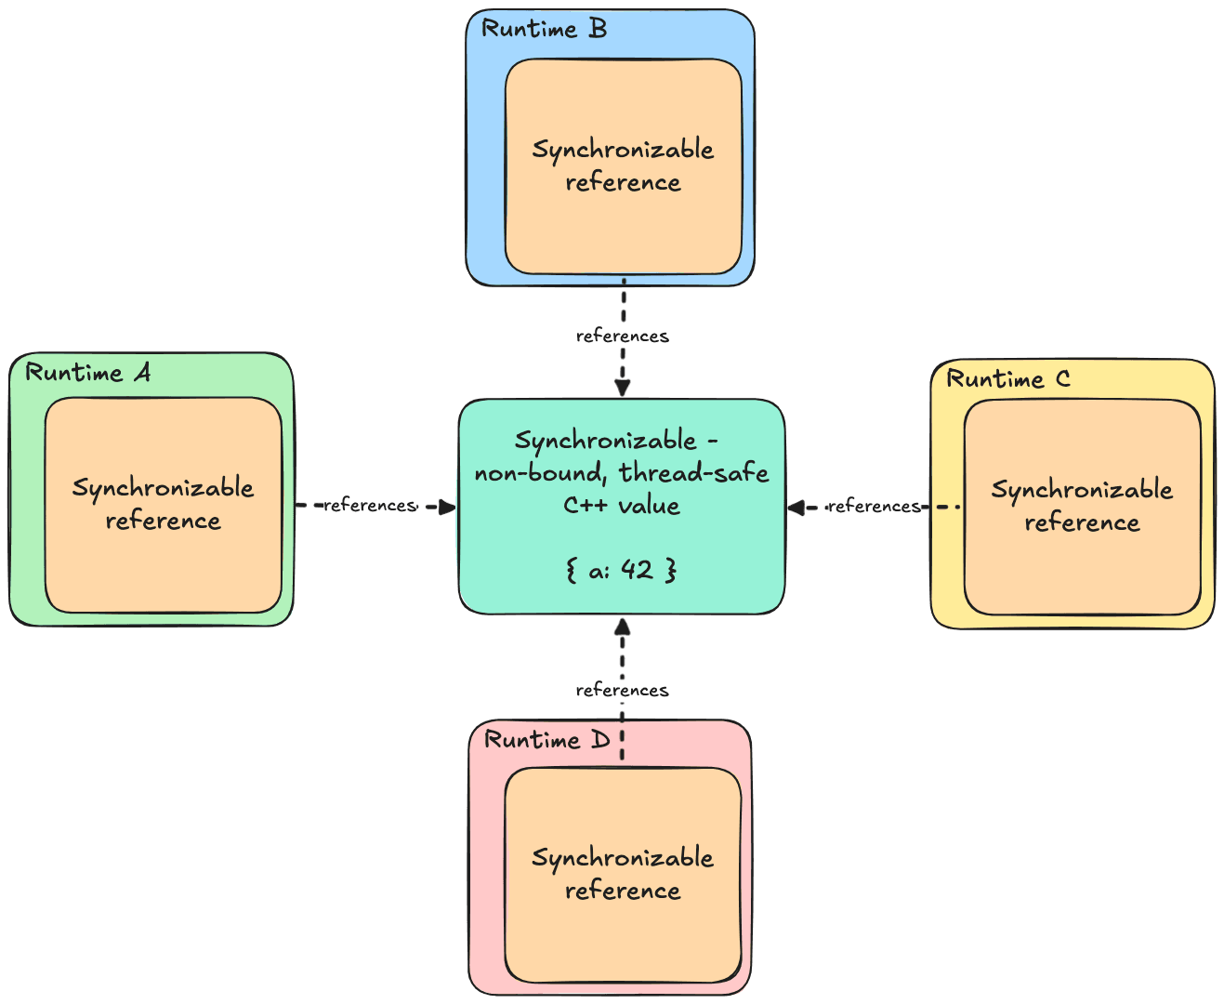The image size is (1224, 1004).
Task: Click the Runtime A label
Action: (x=87, y=373)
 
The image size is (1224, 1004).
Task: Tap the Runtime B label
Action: (x=544, y=29)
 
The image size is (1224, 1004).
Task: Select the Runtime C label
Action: (x=1008, y=379)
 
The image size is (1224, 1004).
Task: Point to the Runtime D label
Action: (x=547, y=740)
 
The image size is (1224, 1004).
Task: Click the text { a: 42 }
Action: (x=621, y=570)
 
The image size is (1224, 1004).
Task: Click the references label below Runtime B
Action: (x=622, y=336)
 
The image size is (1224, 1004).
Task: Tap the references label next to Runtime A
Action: (x=370, y=506)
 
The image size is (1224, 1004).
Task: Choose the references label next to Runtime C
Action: (x=874, y=507)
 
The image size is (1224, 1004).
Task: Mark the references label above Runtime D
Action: (x=622, y=690)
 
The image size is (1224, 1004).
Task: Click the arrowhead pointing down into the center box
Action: (x=623, y=387)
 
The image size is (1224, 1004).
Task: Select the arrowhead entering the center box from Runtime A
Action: (x=446, y=507)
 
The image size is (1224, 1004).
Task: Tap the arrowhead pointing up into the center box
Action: (x=623, y=627)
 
